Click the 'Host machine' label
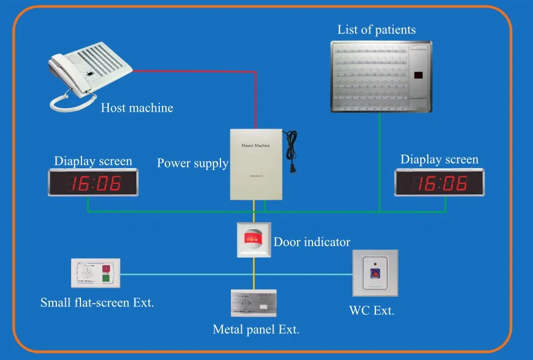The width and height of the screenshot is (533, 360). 137,108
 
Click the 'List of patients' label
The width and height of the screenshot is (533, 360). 376,30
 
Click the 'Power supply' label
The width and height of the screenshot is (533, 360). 192,163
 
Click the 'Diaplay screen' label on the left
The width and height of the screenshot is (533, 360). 93,161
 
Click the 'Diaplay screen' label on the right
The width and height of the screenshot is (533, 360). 439,160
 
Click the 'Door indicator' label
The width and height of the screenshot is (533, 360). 312,241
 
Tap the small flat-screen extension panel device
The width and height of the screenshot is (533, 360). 96,273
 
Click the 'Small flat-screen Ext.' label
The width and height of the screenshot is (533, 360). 97,302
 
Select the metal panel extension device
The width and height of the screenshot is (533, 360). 253,303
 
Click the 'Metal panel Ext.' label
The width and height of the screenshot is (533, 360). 256,329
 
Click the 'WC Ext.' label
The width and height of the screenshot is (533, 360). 372,311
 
